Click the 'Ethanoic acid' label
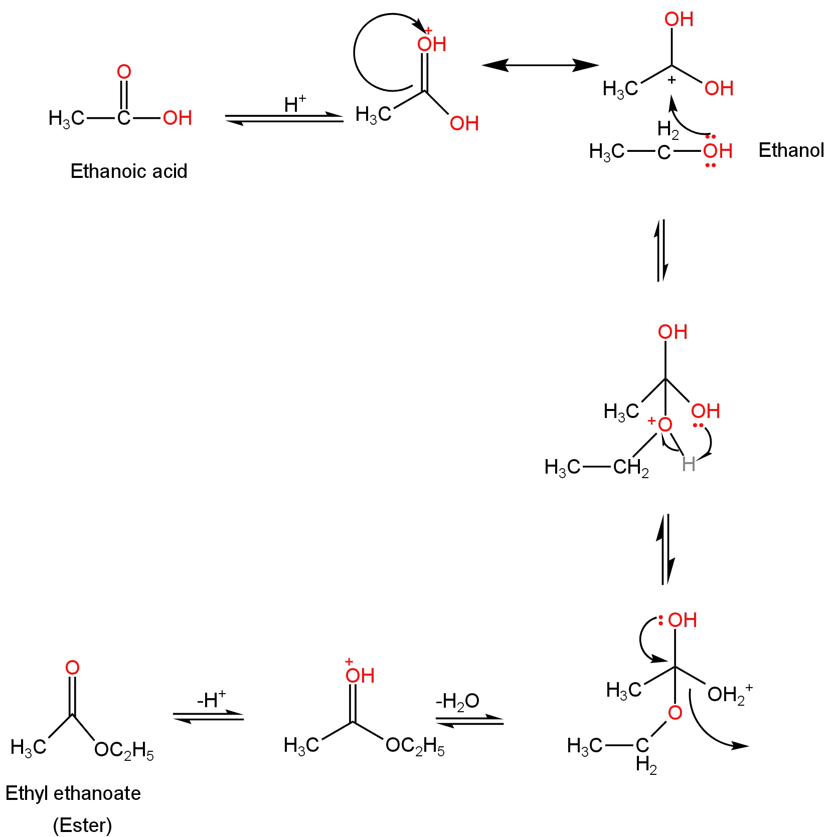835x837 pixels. coord(129,171)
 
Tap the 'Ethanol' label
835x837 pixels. coord(791,150)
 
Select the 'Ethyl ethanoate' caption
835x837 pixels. coord(73,793)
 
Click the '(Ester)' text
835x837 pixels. coord(82,825)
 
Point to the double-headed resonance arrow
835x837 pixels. coord(540,65)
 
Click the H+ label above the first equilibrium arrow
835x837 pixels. coord(294,104)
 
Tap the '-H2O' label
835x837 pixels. coord(457,701)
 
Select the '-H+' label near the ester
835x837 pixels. coord(211,700)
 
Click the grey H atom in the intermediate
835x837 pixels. coord(689,465)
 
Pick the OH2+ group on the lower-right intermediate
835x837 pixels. coord(729,694)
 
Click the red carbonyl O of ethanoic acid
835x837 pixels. coord(124,72)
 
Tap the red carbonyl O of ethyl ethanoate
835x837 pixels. coord(72,668)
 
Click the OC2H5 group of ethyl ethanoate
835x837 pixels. coord(124,750)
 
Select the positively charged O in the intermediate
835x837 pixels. coord(664,425)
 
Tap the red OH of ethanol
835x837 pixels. coord(718,151)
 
